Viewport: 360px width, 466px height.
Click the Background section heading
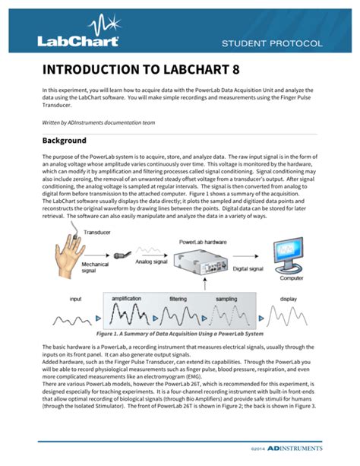pyautogui.click(x=65, y=141)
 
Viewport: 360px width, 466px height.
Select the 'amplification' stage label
pyautogui.click(x=126, y=300)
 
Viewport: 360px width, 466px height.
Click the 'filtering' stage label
pyautogui.click(x=178, y=300)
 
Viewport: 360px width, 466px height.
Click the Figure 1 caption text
pyautogui.click(x=179, y=334)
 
